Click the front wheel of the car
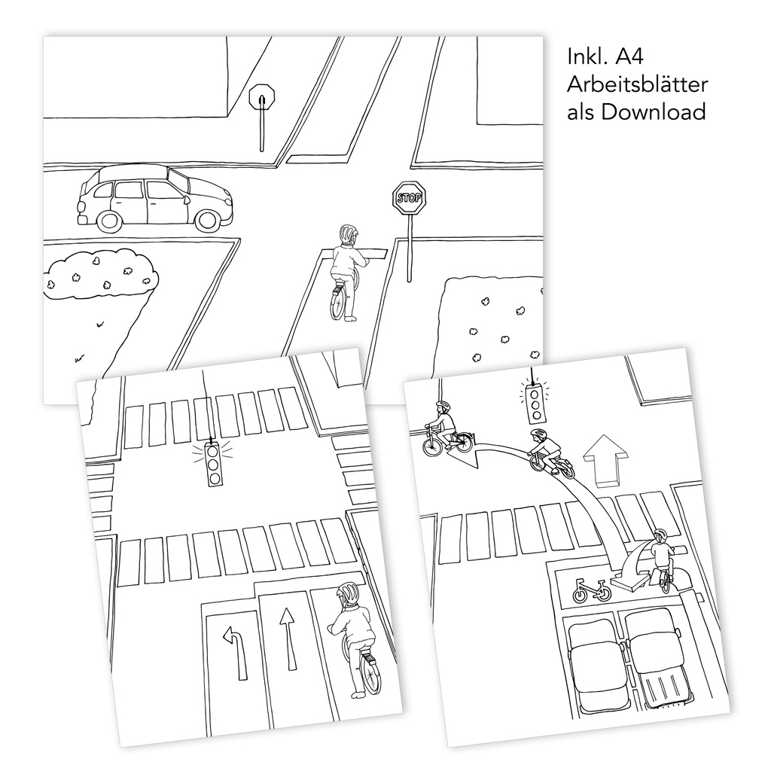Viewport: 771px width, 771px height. [206, 220]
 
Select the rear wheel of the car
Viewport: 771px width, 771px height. [110, 221]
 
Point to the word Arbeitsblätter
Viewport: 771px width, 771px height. [638, 84]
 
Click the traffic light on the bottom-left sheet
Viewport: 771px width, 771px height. [213, 465]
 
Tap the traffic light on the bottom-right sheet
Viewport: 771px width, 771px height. [535, 404]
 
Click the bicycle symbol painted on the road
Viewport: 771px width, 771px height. [593, 590]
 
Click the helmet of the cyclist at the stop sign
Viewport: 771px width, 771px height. [347, 234]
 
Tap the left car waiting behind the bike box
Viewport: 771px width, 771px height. [595, 656]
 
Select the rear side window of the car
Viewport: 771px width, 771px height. [103, 190]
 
